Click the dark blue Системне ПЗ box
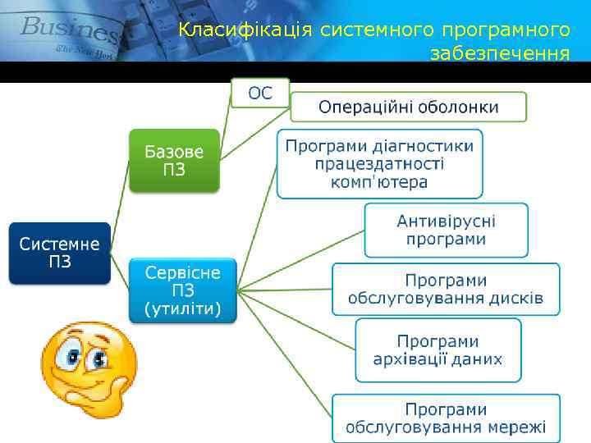pos(60,253)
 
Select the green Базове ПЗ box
pos(173,161)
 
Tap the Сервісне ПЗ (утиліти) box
pos(182,290)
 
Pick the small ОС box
pos(260,93)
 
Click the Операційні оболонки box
pos(409,107)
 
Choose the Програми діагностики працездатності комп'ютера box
pos(379,163)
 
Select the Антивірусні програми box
pos(446,230)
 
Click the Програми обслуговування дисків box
pos(446,289)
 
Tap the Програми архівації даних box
pos(438,350)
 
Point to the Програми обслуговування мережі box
pos(446,418)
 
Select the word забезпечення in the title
pos(500,54)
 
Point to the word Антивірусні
pos(446,221)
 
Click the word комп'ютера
pos(379,181)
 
